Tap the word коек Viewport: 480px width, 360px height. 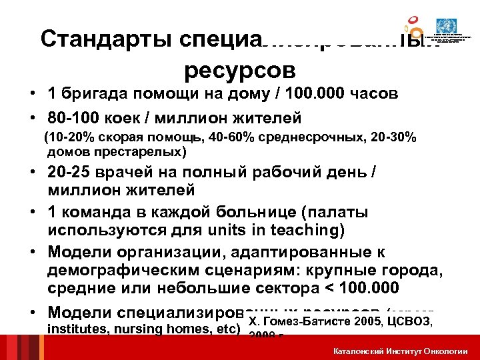[124, 118]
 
